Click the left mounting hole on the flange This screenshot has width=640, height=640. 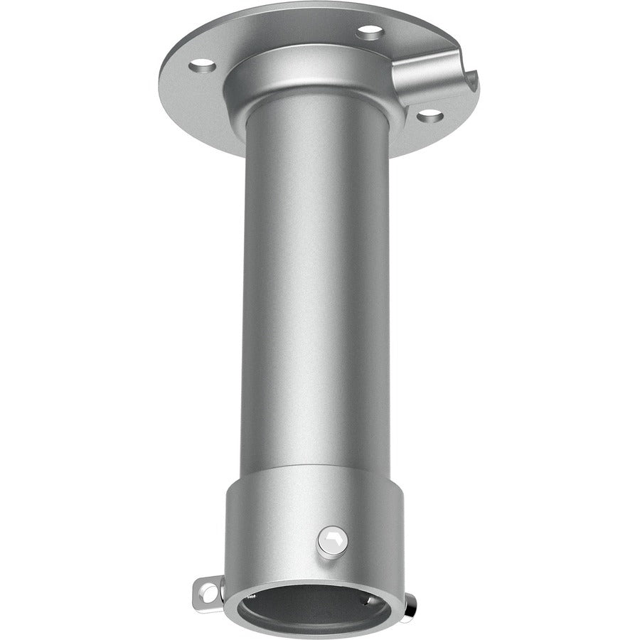[x=203, y=66]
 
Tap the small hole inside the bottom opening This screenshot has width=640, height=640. [x=363, y=599]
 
